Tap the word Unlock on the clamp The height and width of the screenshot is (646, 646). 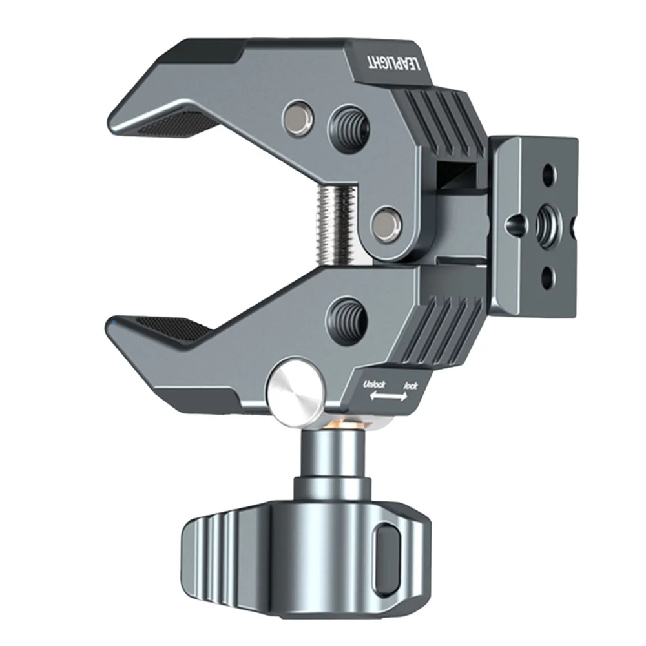coord(374,385)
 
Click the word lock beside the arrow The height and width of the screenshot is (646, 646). coord(410,386)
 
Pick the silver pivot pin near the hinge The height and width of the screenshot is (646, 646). coord(386,224)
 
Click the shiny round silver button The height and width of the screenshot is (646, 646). coord(296,395)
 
